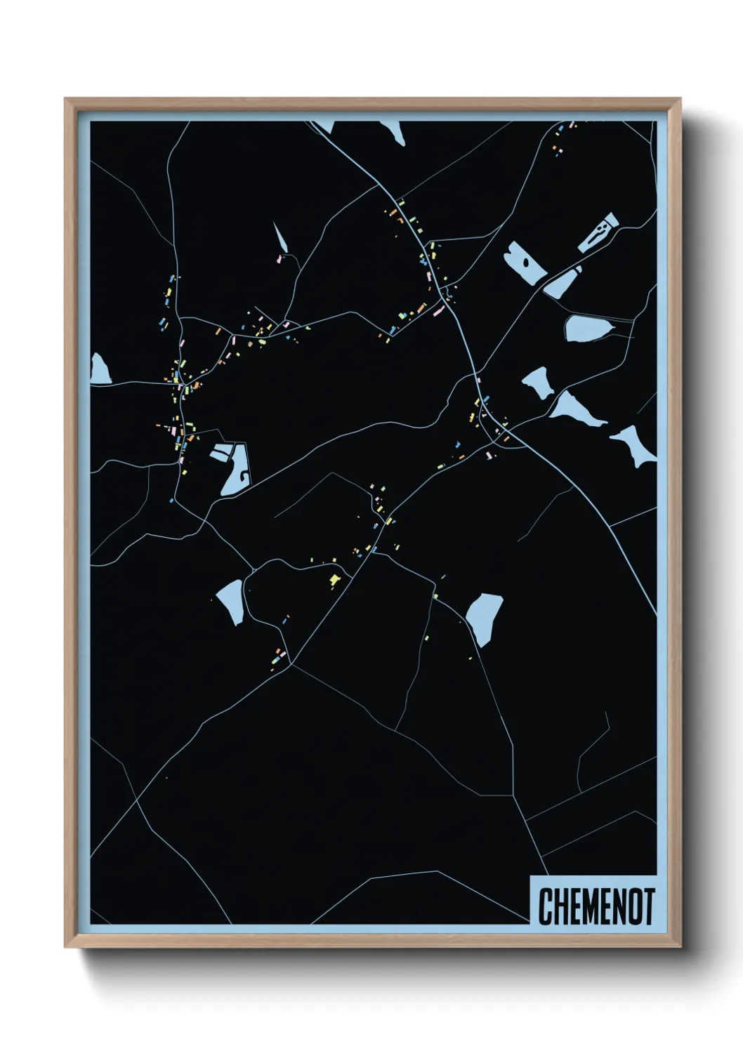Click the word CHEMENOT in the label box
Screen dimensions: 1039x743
point(596,906)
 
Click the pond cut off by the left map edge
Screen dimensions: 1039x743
point(99,369)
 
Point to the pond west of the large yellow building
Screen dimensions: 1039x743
point(231,601)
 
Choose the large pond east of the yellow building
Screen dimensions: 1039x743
point(485,616)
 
